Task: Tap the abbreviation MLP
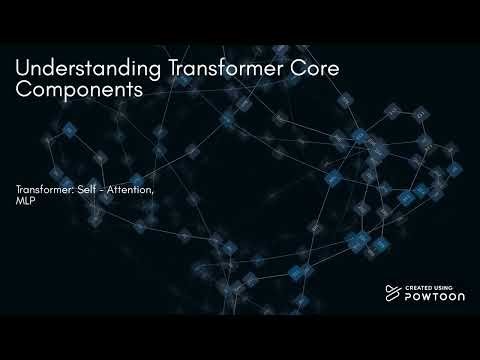pos(25,201)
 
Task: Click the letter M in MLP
pos(20,201)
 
